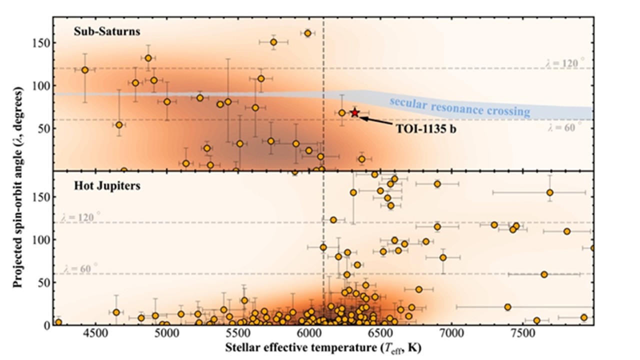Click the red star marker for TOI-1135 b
click(x=355, y=112)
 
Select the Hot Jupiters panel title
click(x=100, y=185)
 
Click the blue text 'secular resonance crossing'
click(x=459, y=105)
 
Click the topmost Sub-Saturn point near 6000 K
click(x=308, y=33)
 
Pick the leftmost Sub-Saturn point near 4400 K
click(x=85, y=70)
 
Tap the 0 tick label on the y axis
click(x=46, y=325)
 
